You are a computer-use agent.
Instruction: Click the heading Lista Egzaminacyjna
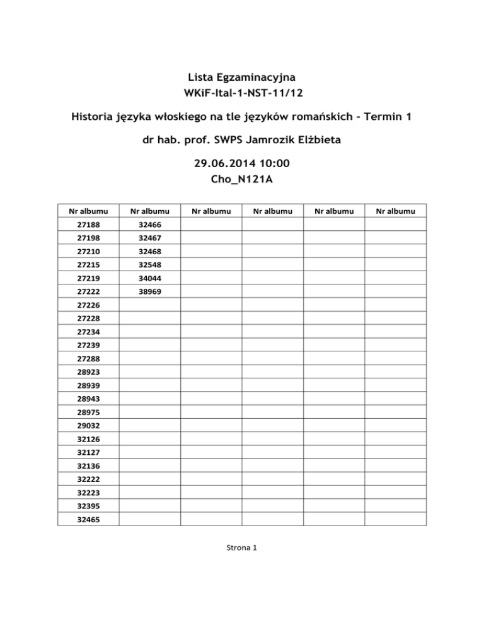click(x=241, y=77)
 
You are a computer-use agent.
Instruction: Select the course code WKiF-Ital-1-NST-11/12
click(x=241, y=93)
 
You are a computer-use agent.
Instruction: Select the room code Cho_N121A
click(x=241, y=180)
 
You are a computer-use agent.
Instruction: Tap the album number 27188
click(x=88, y=225)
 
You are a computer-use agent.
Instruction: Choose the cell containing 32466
click(x=149, y=225)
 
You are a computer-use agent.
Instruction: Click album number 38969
click(x=149, y=292)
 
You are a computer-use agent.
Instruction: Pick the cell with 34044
click(x=149, y=279)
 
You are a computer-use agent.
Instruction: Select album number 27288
click(x=88, y=359)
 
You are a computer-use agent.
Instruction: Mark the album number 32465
click(x=88, y=520)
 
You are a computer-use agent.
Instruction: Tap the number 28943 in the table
click(x=88, y=399)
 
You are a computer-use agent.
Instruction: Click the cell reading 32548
click(x=149, y=265)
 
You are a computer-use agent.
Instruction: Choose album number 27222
click(x=88, y=292)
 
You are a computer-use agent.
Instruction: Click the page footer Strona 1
click(x=241, y=548)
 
